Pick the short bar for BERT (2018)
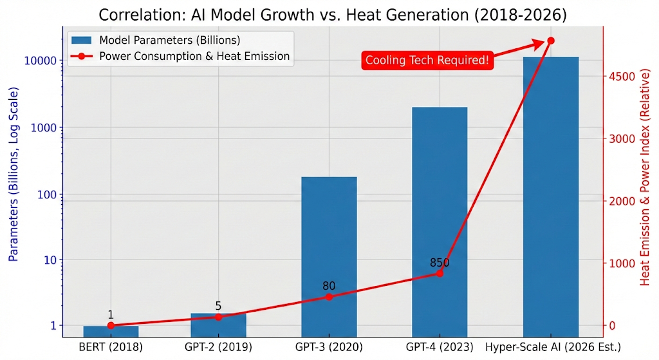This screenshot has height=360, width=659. (x=111, y=331)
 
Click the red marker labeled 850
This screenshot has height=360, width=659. (x=440, y=273)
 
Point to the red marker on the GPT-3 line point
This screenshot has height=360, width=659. (x=329, y=297)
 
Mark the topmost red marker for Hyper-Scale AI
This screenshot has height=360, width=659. (x=550, y=41)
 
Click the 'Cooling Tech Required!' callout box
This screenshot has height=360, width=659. (x=427, y=61)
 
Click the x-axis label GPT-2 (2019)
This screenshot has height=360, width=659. (x=219, y=347)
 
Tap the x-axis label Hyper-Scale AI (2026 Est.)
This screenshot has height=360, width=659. (x=553, y=347)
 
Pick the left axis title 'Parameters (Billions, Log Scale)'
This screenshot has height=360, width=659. (x=14, y=173)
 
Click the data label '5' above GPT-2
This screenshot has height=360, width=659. (x=219, y=307)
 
